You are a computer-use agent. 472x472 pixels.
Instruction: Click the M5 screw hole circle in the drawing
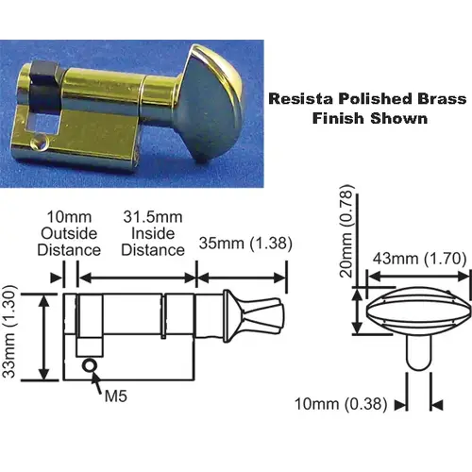90,365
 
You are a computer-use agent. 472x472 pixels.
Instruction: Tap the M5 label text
116,396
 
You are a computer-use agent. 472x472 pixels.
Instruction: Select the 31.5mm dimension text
153,217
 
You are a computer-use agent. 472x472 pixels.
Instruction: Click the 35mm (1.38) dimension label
245,244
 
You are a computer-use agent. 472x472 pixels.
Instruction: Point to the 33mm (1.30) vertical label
8,331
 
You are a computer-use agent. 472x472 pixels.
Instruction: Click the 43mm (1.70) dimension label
419,259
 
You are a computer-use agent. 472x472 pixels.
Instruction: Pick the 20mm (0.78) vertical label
347,231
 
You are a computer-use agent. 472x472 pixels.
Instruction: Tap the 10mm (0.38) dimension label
341,404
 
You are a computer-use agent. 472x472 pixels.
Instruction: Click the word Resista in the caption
301,99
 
